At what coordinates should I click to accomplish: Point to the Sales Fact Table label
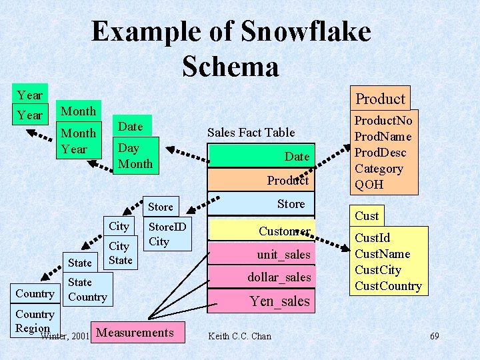click(251, 133)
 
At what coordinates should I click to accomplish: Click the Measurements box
click(139, 333)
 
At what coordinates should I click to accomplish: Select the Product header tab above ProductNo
click(380, 99)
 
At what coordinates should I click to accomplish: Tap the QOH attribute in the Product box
click(369, 185)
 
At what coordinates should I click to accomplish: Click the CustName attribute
click(382, 254)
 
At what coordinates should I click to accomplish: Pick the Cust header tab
click(367, 215)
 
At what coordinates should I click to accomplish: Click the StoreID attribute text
click(167, 227)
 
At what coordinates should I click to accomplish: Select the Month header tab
click(79, 111)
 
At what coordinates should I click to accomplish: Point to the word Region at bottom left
click(33, 328)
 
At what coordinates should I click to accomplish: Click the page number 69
click(434, 336)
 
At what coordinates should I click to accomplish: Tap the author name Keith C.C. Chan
click(240, 336)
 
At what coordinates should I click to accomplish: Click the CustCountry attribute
click(388, 286)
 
